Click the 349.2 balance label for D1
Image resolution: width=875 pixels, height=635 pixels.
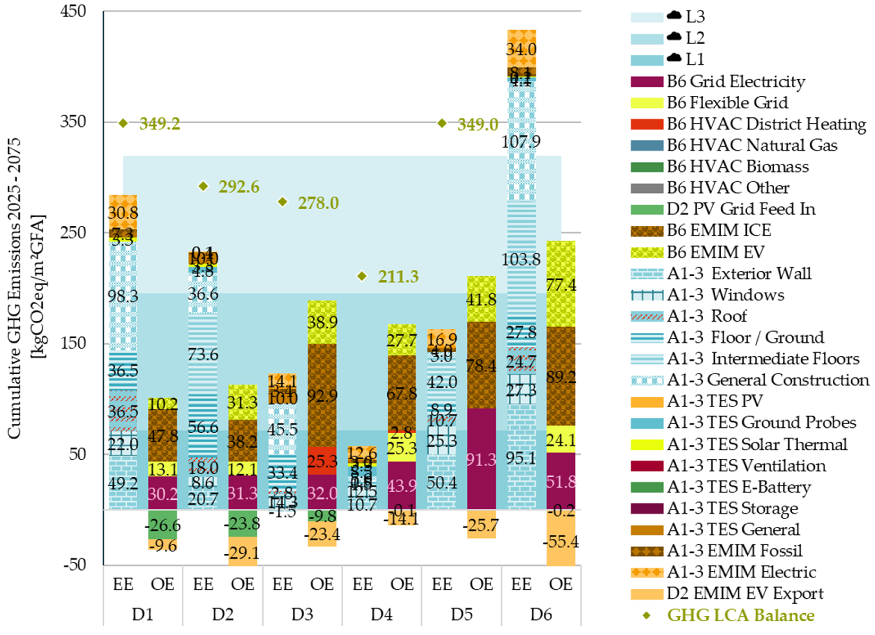159,124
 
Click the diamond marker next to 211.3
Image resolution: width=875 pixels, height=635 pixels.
362,276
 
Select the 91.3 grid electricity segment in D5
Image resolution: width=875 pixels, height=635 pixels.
481,459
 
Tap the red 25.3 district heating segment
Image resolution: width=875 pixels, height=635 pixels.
322,461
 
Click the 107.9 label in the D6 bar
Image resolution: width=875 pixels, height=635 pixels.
521,142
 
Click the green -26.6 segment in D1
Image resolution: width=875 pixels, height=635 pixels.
162,525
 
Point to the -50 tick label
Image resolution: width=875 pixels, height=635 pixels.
74,564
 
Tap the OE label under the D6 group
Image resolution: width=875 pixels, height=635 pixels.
560,584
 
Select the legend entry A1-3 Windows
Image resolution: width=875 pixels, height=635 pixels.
725,295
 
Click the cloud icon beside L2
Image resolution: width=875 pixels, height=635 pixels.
674,37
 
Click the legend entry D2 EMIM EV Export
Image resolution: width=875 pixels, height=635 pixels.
745,593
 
